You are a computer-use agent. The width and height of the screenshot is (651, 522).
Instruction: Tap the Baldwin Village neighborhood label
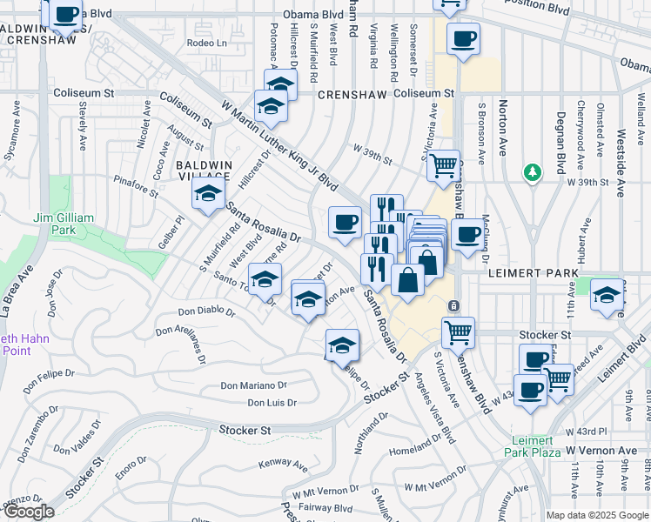point(204,170)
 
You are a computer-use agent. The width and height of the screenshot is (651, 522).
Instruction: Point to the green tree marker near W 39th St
point(531,172)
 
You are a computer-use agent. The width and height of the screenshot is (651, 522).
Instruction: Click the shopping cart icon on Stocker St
point(458,331)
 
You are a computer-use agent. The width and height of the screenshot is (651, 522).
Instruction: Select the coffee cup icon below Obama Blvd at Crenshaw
point(463,38)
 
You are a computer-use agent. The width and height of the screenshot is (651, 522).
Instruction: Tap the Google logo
point(28,512)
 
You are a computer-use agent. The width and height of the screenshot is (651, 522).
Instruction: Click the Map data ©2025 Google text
point(597,515)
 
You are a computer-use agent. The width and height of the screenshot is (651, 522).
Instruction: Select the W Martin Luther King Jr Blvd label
point(279,143)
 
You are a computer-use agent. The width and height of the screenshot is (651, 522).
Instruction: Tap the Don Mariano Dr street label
point(253,385)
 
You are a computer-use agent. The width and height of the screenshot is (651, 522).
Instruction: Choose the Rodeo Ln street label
point(206,43)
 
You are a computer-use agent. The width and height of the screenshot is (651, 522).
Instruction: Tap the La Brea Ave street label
point(10,287)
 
